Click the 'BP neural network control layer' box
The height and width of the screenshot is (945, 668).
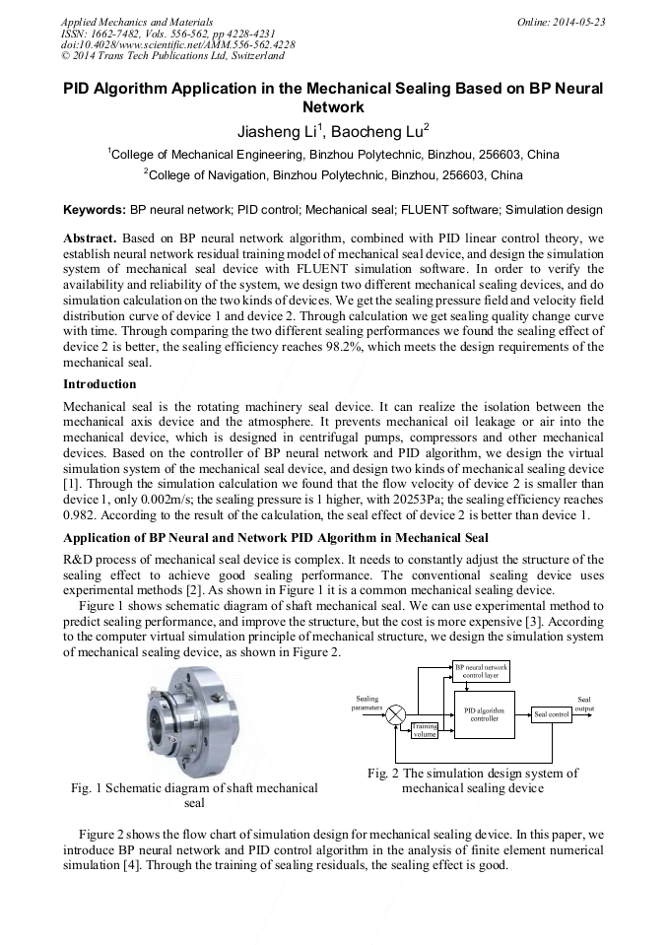point(481,672)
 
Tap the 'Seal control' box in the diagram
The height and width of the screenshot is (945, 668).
point(551,713)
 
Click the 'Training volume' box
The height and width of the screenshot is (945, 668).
point(425,730)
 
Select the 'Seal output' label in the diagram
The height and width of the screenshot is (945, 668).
point(585,704)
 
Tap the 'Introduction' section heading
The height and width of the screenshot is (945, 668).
point(100,383)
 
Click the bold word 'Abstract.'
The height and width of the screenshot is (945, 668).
point(90,239)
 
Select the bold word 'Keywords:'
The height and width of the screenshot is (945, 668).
point(95,210)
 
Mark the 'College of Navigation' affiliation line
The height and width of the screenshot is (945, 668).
point(333,175)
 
